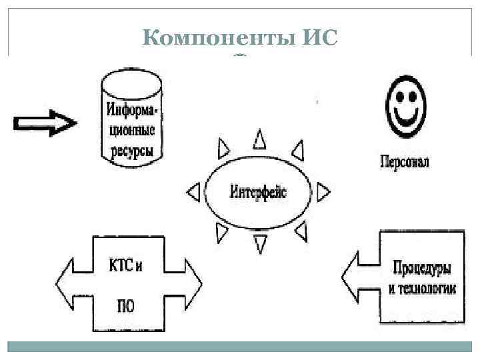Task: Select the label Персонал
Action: (404, 162)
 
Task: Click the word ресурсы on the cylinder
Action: (131, 151)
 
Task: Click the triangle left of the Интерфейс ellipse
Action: (193, 193)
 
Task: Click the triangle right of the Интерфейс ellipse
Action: (323, 193)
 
